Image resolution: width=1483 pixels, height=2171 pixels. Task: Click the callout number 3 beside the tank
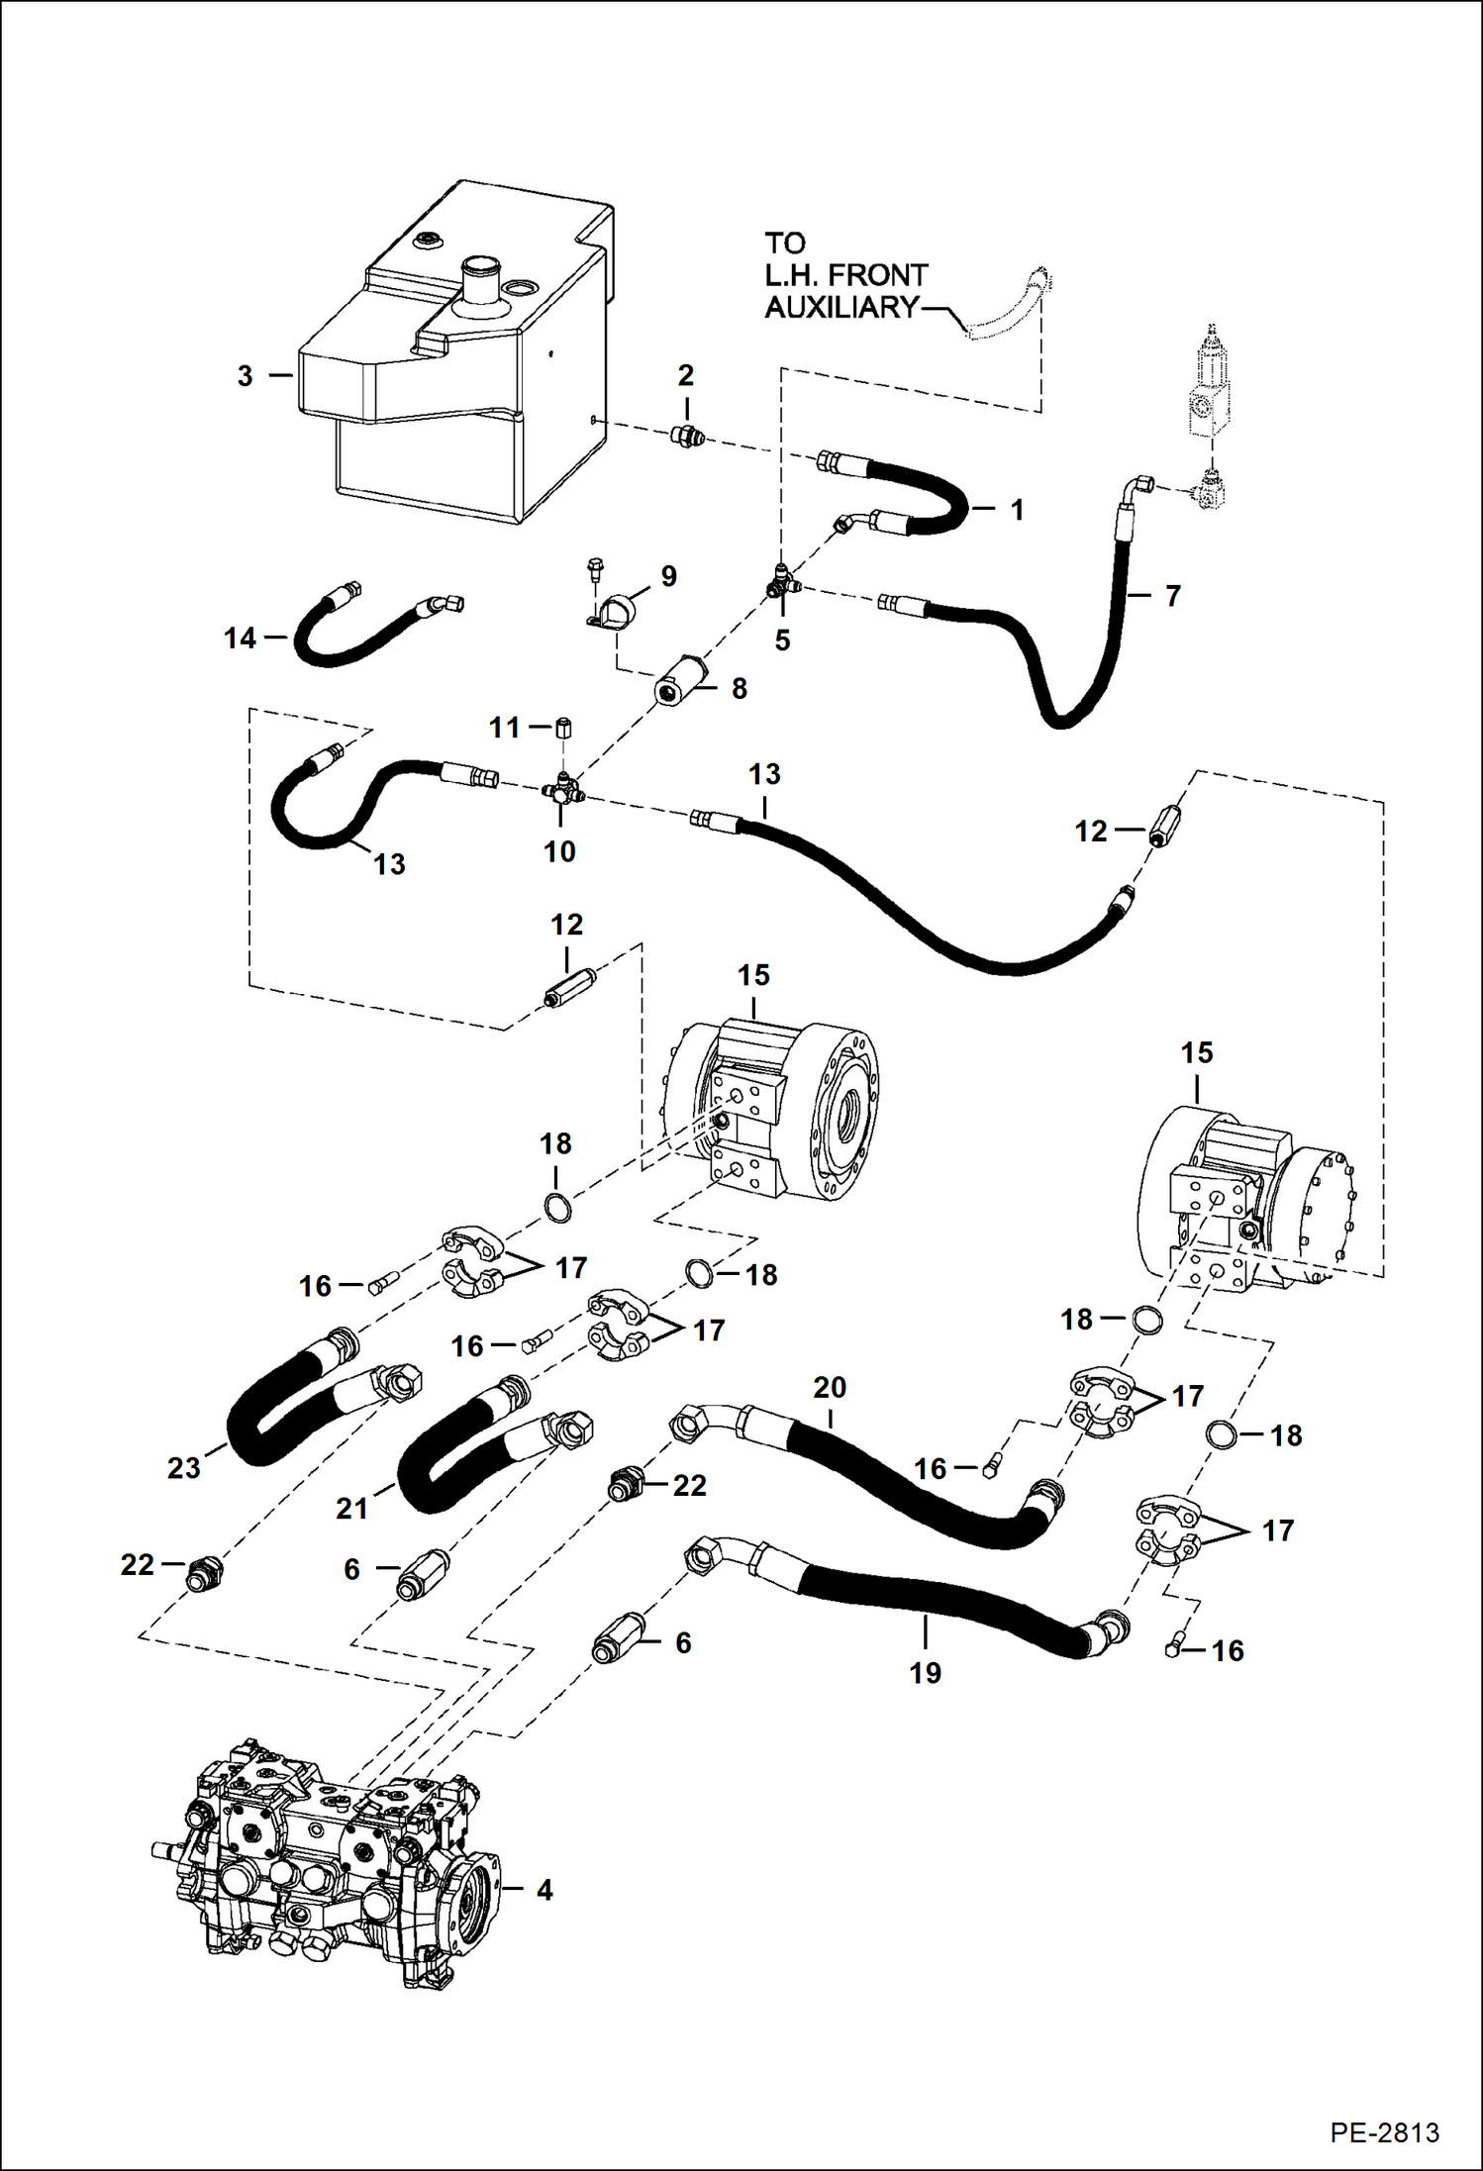click(245, 376)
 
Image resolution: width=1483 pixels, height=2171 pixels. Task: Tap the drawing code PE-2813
click(1384, 2132)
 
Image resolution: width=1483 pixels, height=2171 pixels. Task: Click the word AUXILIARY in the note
click(841, 308)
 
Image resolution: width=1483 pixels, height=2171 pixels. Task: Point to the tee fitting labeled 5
click(782, 585)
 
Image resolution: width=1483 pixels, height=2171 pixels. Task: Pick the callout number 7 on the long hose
click(1172, 596)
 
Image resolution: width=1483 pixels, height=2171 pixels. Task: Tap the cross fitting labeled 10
click(562, 791)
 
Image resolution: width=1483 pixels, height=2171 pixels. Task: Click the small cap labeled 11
click(564, 729)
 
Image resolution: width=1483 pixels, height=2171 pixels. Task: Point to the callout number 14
click(240, 639)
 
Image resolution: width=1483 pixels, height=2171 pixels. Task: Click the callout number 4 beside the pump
click(544, 1889)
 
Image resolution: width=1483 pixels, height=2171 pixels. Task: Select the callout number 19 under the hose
click(925, 1672)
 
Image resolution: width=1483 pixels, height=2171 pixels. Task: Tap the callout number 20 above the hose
click(830, 1387)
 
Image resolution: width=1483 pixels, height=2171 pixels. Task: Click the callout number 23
click(184, 1467)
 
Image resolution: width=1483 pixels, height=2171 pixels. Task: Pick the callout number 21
click(352, 1508)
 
